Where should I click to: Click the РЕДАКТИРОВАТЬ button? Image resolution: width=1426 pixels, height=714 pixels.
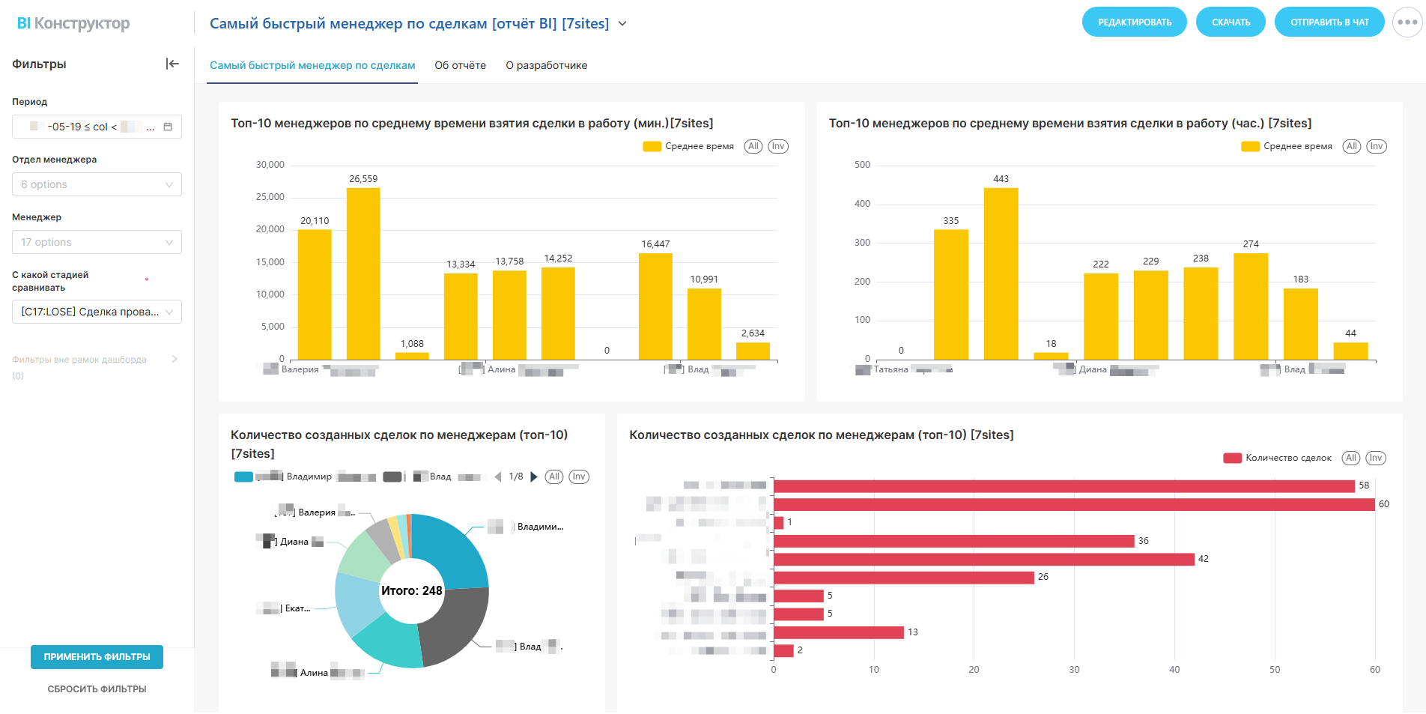coord(1134,22)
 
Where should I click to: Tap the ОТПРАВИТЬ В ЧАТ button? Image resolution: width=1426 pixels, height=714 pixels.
coord(1329,22)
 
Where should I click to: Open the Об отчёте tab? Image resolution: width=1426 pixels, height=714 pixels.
coord(460,66)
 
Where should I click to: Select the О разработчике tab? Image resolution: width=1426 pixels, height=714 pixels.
coord(546,66)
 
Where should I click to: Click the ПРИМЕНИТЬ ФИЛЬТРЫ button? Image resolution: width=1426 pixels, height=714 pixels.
coord(97,657)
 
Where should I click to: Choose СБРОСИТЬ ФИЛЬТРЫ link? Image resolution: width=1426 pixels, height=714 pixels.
coord(97,689)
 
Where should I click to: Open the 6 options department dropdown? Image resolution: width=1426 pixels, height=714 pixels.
coord(97,184)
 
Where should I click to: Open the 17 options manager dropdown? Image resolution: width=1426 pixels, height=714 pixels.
coord(97,242)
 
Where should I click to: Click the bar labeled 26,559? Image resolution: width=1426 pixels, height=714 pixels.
coord(363,273)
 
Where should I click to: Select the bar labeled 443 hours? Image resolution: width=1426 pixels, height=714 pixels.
coord(1001,273)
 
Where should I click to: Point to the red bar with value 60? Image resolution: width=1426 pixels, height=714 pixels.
coord(1073,505)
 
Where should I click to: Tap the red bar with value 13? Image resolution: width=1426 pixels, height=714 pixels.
coord(838,632)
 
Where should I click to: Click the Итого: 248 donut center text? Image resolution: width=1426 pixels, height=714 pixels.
coord(411,591)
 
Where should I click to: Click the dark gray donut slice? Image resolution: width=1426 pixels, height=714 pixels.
coord(453,626)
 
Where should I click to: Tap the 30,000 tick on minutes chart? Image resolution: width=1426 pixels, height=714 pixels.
coord(270,165)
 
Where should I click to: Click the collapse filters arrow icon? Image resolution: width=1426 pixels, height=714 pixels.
coord(172,64)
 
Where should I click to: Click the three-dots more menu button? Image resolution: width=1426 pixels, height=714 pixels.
coord(1407,22)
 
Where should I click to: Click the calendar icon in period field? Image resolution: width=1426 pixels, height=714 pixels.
coord(168,127)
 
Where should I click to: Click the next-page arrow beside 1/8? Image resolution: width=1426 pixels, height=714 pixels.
coord(534,477)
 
